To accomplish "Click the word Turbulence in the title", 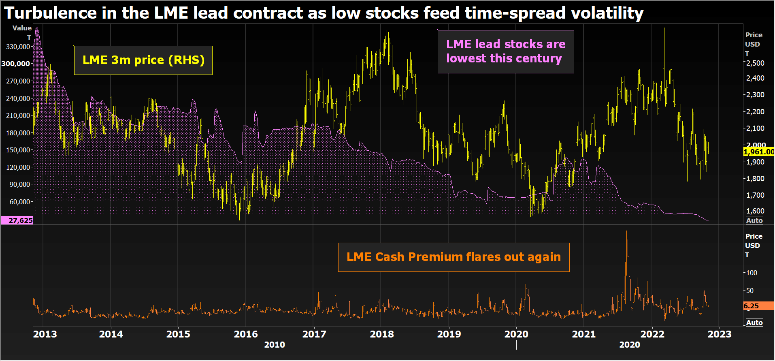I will point(51,13).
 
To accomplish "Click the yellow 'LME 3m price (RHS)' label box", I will point(143,60).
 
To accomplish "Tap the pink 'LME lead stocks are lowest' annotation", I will point(505,51).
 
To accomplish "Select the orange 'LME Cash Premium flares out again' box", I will point(454,257).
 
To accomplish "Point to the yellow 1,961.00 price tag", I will point(758,152).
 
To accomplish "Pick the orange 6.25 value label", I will point(758,306).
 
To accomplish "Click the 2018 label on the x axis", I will point(381,334).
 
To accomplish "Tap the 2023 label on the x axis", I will point(719,334).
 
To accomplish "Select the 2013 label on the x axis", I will point(45,334).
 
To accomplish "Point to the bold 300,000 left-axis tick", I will point(16,64).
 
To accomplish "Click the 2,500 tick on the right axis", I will point(756,63).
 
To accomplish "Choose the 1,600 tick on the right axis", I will point(756,211).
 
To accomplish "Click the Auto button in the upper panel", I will point(754,220).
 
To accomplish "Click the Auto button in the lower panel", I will point(754,323).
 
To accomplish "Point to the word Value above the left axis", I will point(22,28).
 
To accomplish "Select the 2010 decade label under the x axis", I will point(275,345).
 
